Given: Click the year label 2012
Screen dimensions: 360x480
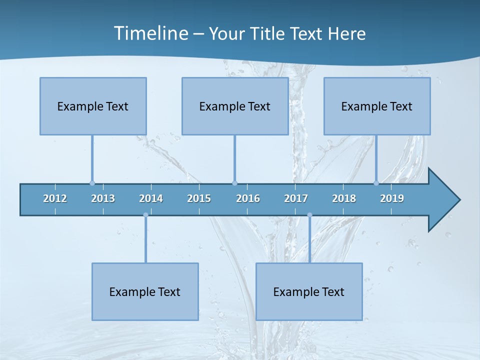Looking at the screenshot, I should [x=55, y=198].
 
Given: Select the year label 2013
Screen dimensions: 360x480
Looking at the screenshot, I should [x=103, y=198].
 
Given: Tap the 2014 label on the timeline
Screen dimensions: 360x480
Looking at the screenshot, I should [x=151, y=198].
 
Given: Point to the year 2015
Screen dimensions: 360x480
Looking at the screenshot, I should [x=199, y=198].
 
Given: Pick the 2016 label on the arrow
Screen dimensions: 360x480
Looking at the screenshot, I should [x=248, y=198].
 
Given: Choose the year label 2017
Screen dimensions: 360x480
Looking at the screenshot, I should [x=296, y=198].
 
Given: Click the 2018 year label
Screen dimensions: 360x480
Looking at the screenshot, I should [x=344, y=198].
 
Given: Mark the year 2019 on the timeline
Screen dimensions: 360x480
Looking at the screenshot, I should [x=392, y=198].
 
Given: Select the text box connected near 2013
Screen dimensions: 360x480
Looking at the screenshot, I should [x=93, y=106].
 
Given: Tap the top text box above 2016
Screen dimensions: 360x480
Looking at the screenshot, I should [x=235, y=106].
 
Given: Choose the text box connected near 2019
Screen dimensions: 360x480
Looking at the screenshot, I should [x=377, y=106].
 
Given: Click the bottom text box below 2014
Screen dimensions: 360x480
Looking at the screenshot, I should [x=145, y=291].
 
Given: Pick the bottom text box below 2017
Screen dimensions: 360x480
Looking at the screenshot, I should [x=309, y=291].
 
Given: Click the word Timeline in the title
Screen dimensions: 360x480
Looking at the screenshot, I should [x=150, y=33].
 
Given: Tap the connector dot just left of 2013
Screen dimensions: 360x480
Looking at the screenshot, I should [x=92, y=183].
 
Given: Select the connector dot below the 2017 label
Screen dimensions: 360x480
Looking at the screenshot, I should [x=309, y=215].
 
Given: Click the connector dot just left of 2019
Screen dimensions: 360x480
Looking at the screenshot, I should [x=376, y=183].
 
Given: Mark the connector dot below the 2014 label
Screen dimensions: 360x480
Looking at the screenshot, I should [x=145, y=215].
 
